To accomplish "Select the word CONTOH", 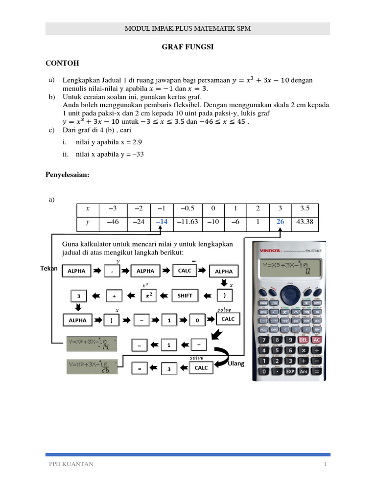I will pyautogui.click(x=62, y=64).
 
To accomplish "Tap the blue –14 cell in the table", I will pyautogui.click(x=162, y=222).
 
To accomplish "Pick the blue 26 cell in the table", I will pyautogui.click(x=280, y=222).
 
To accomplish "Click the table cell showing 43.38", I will pyautogui.click(x=305, y=222).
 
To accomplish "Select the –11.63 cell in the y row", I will pyautogui.click(x=188, y=222).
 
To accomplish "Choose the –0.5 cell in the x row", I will pyautogui.click(x=188, y=208).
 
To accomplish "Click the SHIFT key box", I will pyautogui.click(x=185, y=296).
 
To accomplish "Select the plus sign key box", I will pyautogui.click(x=114, y=296).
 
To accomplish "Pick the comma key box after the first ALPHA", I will pyautogui.click(x=112, y=271).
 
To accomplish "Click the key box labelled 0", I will pyautogui.click(x=197, y=320).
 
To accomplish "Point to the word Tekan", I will pyautogui.click(x=49, y=269).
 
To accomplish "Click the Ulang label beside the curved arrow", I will pyautogui.click(x=237, y=364).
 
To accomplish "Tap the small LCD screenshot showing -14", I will pyautogui.click(x=92, y=344).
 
